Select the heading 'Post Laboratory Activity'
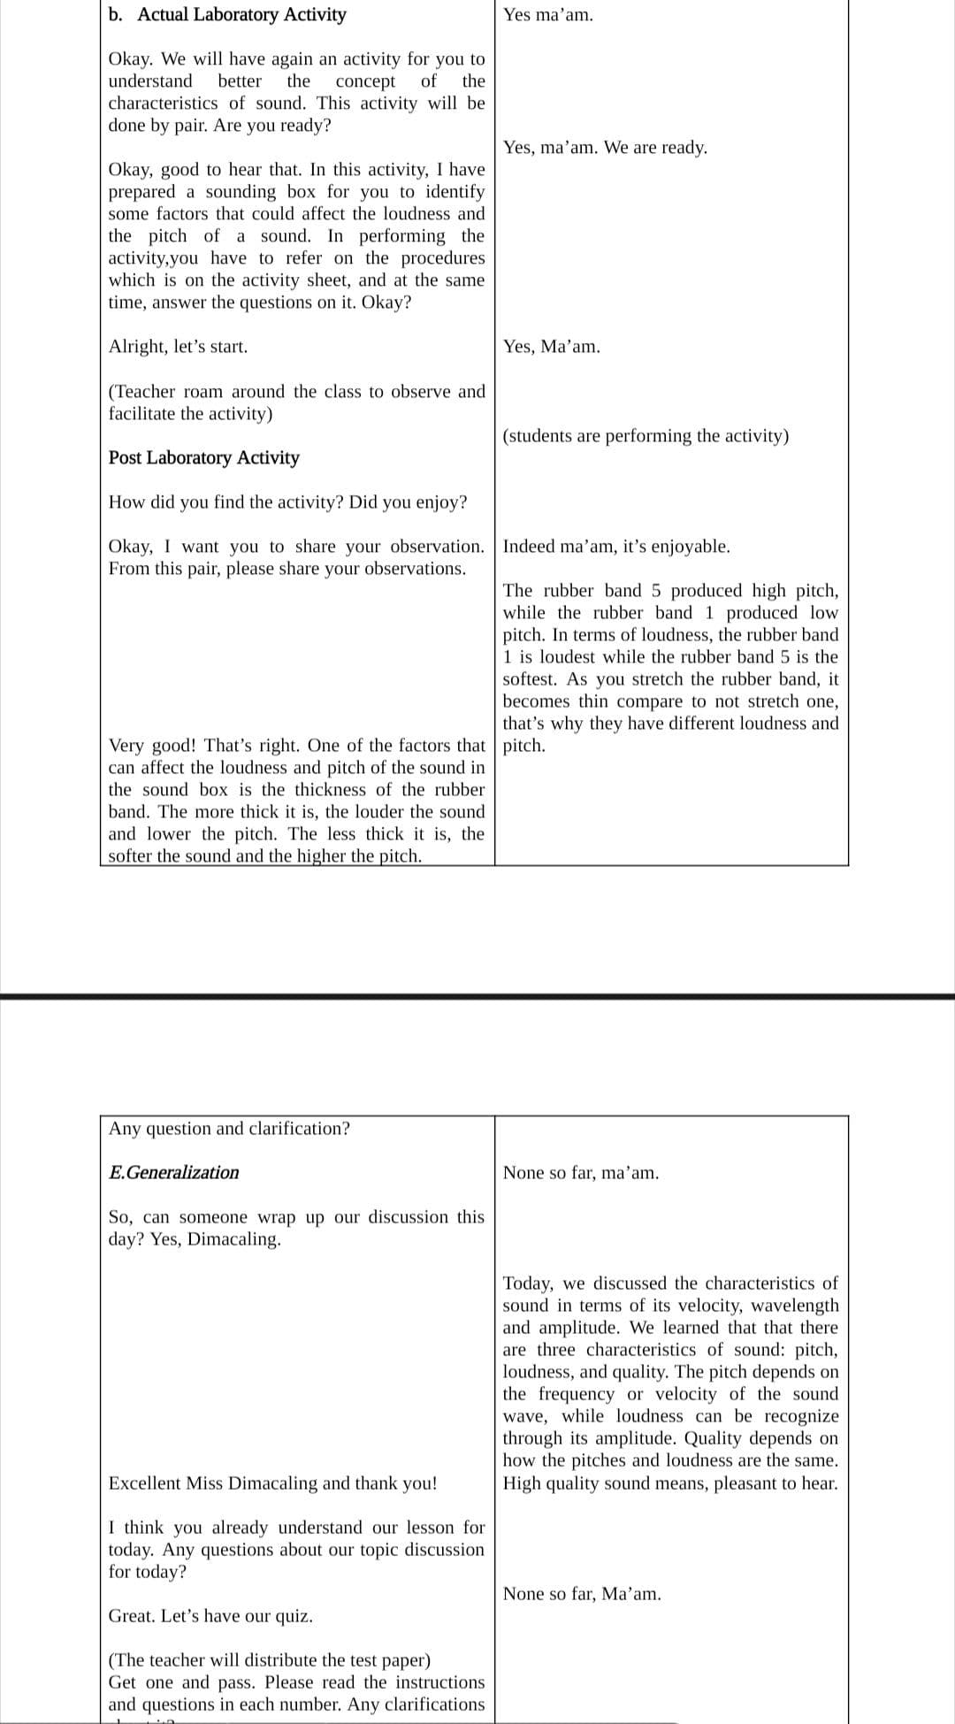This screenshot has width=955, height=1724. coord(203,458)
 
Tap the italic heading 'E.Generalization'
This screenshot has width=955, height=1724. coord(173,1173)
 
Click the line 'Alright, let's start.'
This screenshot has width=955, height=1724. coord(178,347)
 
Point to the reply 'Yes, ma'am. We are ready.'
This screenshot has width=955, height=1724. coord(605,148)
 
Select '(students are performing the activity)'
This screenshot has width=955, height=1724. coord(646,436)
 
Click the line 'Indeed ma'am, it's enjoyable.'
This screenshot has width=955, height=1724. coord(616,547)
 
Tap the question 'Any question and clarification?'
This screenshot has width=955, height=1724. coord(229,1129)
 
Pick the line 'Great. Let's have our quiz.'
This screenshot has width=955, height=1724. coord(210,1616)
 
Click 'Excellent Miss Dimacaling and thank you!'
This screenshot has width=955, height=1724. coord(272,1483)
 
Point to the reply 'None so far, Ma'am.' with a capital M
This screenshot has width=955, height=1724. coord(582,1594)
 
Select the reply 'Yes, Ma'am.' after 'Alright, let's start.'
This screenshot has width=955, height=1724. coord(551,347)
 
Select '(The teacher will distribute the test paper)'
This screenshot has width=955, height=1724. coord(269,1660)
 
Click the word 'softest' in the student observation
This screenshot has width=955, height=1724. coord(531,679)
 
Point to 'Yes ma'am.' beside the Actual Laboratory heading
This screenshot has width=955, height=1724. coord(548,15)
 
